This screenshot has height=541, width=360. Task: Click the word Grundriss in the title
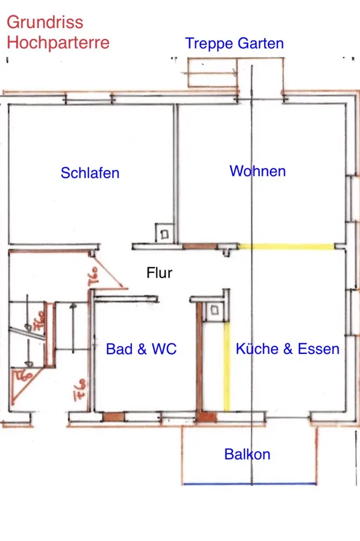coord(45,22)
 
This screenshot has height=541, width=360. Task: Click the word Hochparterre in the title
coord(58,42)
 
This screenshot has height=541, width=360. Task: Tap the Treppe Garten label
coord(234,43)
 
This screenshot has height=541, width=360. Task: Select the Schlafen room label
coord(90,173)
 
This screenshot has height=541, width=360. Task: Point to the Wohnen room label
coord(258,171)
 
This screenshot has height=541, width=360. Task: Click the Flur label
coord(160,272)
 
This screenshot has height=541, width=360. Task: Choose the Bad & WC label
coord(141,349)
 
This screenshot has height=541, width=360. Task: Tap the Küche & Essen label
coord(287,348)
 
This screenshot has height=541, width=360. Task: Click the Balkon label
coord(247,454)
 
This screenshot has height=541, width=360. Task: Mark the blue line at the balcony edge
coord(249,484)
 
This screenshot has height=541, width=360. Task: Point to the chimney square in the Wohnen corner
coord(164,234)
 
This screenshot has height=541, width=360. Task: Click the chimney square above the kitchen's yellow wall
coord(215,311)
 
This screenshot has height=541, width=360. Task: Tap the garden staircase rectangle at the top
coord(212,73)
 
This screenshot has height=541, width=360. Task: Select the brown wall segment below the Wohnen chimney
coord(199,247)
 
